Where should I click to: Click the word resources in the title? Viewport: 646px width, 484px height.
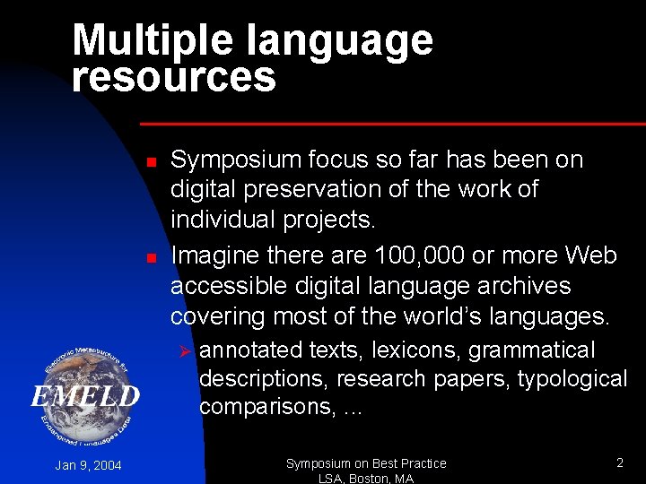coord(174,77)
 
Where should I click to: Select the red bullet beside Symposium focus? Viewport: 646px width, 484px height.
coord(152,162)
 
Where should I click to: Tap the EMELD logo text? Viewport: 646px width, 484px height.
coord(85,396)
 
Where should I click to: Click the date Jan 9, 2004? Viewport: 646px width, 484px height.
coord(88,465)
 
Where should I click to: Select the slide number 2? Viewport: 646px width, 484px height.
coord(619,462)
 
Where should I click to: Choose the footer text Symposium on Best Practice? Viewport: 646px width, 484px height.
coord(366,463)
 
